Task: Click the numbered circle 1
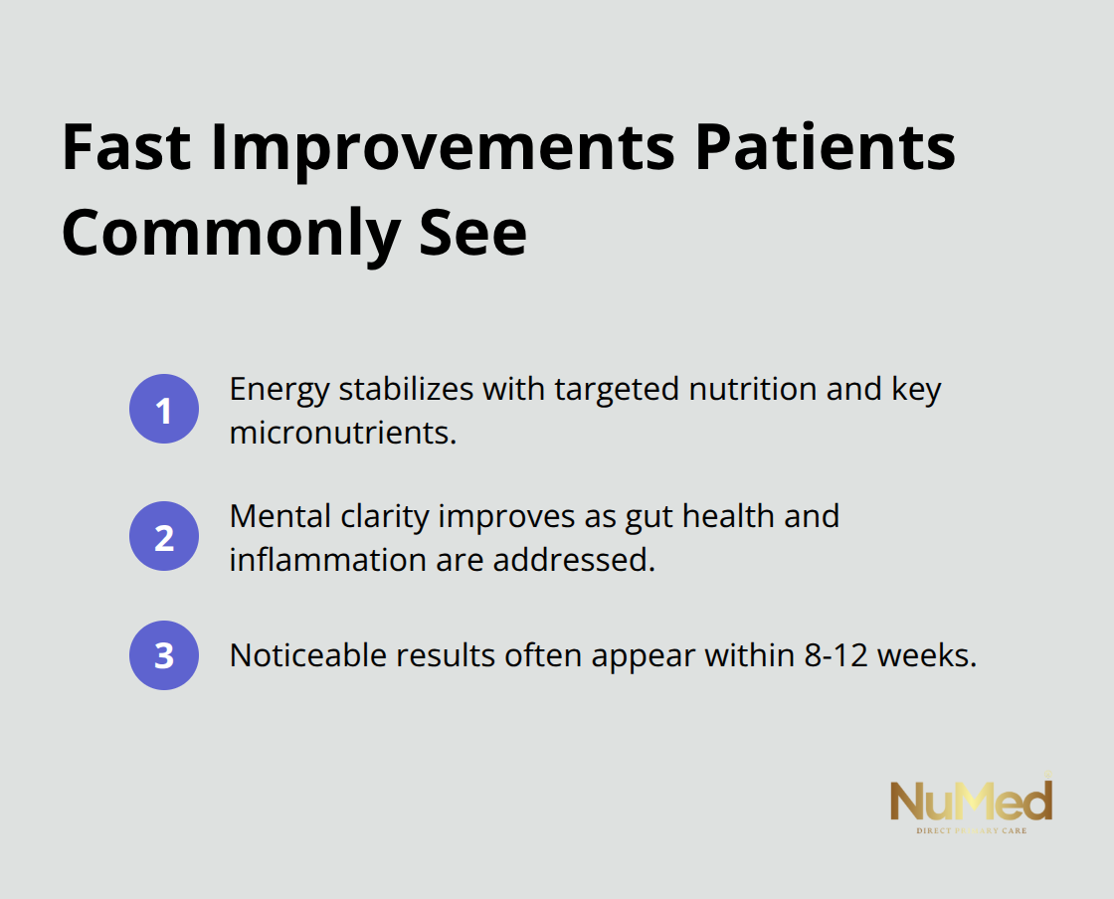coord(164,409)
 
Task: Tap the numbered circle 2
coord(164,537)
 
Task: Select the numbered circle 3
coord(164,655)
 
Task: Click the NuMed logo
coord(970,804)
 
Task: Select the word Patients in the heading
coord(825,149)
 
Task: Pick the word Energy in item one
coord(279,389)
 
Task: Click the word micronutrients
coord(342,433)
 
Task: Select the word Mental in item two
coord(278,516)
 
